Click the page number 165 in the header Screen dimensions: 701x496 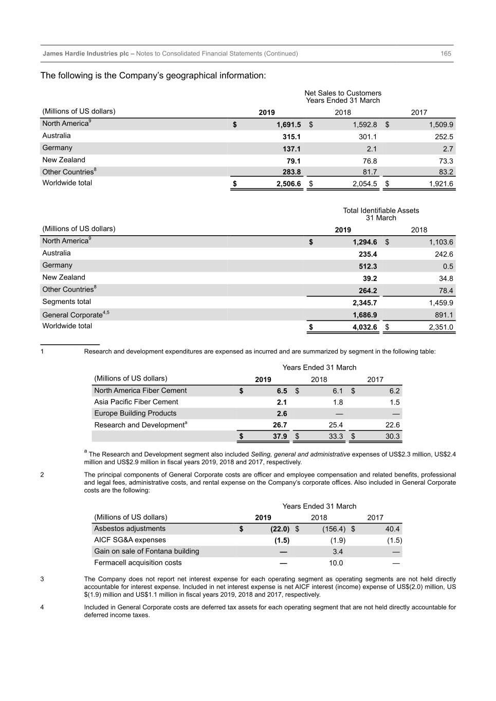[446, 53]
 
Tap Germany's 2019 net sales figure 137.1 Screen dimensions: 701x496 [291, 149]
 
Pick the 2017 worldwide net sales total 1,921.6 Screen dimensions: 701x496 [441, 184]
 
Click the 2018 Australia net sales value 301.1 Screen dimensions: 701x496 [368, 137]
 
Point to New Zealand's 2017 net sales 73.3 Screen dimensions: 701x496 [445, 161]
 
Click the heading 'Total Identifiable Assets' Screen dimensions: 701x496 [381, 211]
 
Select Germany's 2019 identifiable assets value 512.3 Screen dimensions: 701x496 [368, 267]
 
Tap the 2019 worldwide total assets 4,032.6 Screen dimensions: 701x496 [364, 327]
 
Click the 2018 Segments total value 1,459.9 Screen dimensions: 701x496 [441, 303]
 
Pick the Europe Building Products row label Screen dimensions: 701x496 [135, 413]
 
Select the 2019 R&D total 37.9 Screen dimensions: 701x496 [280, 437]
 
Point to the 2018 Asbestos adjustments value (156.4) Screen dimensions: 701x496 [334, 529]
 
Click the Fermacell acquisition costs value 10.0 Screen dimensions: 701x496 [336, 563]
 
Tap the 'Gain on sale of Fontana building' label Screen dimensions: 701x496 [146, 552]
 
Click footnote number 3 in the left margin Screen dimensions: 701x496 [42, 579]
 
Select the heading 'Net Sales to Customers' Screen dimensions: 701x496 [343, 93]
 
